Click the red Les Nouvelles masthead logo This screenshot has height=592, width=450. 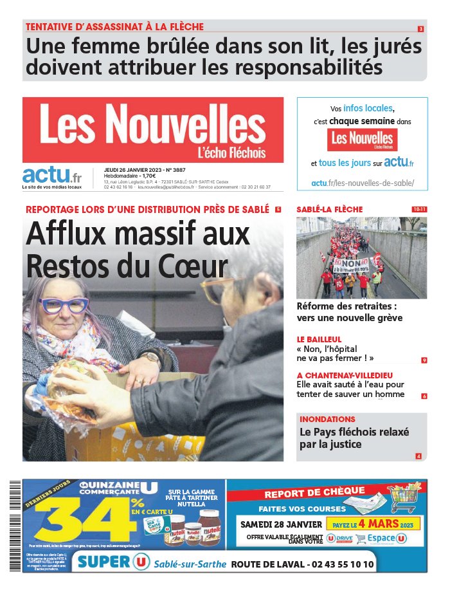click(152, 129)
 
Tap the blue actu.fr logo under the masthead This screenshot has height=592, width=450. click(52, 176)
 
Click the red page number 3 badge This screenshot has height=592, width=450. click(420, 29)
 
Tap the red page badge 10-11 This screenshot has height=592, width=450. click(419, 209)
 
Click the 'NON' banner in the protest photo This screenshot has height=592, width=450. click(351, 263)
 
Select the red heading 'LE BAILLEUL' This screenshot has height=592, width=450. click(319, 339)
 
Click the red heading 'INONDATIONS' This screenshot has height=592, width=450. click(327, 419)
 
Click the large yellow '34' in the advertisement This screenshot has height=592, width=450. click(84, 522)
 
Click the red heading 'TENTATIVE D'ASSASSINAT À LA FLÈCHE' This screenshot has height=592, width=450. click(114, 27)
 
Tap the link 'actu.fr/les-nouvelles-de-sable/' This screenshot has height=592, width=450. click(363, 183)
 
